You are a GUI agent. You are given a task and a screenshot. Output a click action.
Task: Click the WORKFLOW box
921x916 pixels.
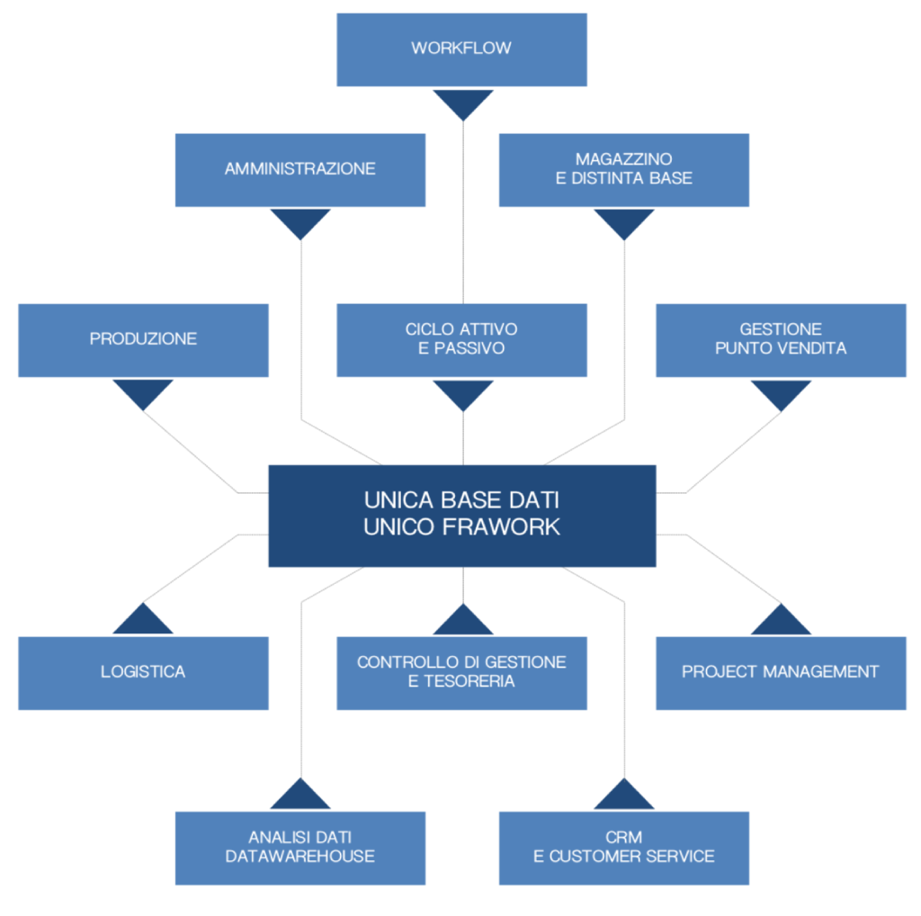pyautogui.click(x=461, y=50)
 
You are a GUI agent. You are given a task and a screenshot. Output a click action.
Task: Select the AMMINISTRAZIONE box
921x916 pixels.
pyautogui.click(x=300, y=170)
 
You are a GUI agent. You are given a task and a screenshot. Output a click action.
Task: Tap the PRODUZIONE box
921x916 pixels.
pyautogui.click(x=143, y=340)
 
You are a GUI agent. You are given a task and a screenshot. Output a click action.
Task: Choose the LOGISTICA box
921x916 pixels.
pyautogui.click(x=143, y=673)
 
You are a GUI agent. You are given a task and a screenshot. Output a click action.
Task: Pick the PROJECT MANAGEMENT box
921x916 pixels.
pyautogui.click(x=781, y=673)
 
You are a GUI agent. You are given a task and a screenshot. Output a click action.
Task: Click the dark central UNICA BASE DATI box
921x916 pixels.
pyautogui.click(x=462, y=516)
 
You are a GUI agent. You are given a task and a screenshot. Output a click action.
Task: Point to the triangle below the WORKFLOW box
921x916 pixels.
pyautogui.click(x=463, y=104)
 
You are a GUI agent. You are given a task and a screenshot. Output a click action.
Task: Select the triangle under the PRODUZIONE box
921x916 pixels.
pyautogui.click(x=143, y=394)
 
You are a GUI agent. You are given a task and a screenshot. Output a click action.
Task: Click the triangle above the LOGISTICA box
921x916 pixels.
pyautogui.click(x=143, y=619)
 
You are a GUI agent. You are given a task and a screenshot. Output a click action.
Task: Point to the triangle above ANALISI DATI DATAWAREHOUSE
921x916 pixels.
pyautogui.click(x=300, y=795)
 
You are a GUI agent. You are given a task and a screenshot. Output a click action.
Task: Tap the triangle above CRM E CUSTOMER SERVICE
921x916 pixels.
pyautogui.click(x=624, y=795)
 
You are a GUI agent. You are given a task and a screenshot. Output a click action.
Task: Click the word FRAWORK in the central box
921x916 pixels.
pyautogui.click(x=501, y=527)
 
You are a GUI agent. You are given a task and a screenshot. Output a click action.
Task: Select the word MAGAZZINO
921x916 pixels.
pyautogui.click(x=624, y=159)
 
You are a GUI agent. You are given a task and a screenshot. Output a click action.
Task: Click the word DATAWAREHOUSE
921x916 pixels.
pyautogui.click(x=300, y=857)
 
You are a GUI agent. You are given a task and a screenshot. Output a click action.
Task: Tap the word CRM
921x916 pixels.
pyautogui.click(x=624, y=838)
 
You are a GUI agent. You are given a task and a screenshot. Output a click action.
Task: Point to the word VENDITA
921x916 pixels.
pyautogui.click(x=812, y=348)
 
